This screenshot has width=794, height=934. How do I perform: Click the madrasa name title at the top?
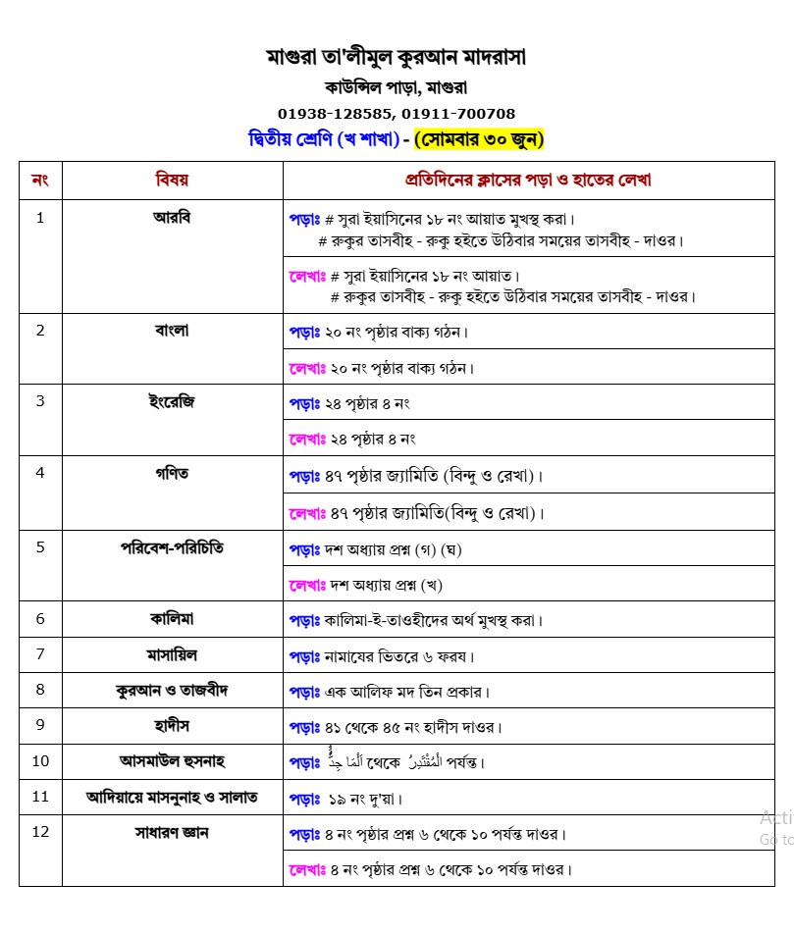point(397,56)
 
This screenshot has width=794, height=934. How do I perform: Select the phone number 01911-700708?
point(458,114)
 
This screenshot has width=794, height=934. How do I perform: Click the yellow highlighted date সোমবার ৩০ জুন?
point(479,139)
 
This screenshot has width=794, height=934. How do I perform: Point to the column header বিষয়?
point(172,180)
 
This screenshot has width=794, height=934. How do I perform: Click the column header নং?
point(40,180)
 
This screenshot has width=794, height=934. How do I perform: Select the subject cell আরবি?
point(172,217)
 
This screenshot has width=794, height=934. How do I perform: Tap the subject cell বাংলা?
point(172,330)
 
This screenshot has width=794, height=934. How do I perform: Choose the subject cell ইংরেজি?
point(172,401)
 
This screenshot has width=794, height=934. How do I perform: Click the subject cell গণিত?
point(172,473)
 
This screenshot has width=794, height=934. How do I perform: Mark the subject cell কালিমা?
point(172,618)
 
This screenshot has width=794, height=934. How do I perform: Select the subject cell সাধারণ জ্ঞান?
point(172,833)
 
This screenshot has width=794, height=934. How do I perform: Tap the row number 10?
point(40,760)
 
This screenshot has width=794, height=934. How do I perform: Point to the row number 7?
point(40,653)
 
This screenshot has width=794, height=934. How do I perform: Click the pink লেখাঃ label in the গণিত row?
point(306,512)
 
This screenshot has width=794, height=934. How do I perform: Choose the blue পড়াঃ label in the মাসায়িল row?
point(304,655)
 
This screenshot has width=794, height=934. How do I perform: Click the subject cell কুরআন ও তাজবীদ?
point(172,690)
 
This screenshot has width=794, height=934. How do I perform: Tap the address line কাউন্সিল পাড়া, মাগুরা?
point(397,86)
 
